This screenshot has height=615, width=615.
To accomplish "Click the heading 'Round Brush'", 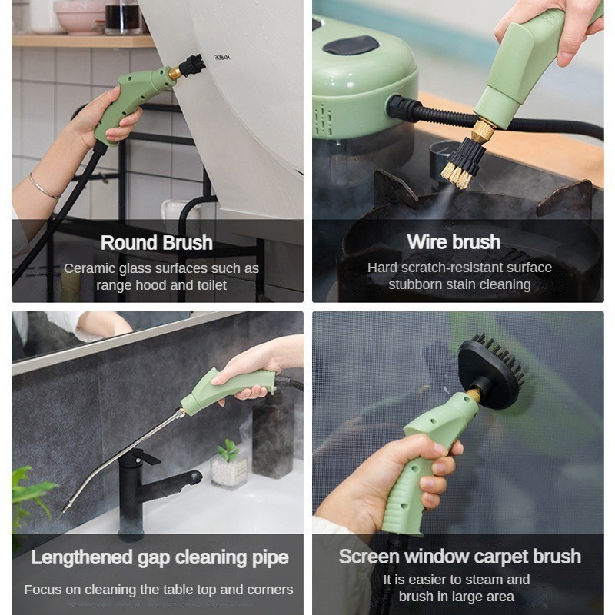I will [156, 243].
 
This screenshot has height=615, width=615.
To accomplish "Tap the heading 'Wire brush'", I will [454, 242].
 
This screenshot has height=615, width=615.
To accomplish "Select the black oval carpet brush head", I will [490, 371].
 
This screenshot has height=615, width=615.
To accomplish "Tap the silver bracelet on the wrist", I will [44, 187].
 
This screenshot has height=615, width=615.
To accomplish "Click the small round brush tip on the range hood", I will [192, 64].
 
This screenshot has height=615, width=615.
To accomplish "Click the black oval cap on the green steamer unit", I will [350, 45].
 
